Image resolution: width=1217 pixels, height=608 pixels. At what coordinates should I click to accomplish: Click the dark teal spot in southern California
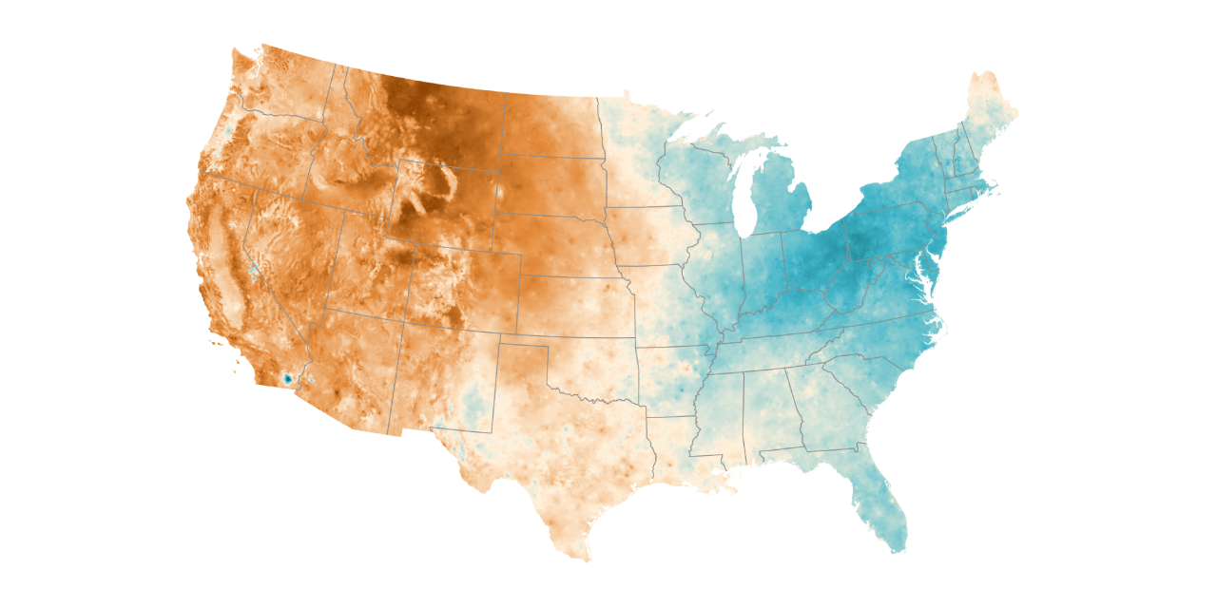tap(286, 379)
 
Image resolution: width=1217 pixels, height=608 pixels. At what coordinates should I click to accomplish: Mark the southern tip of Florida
tap(895, 548)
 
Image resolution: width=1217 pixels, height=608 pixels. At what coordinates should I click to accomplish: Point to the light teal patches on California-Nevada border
tap(254, 269)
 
